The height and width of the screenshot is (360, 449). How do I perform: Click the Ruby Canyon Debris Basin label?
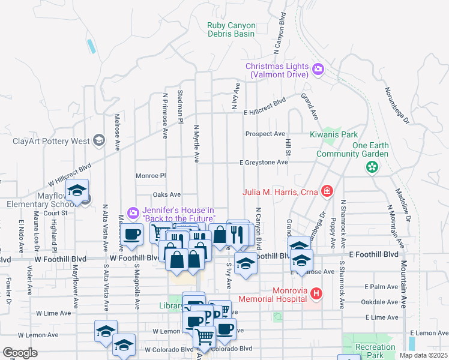pos(231,29)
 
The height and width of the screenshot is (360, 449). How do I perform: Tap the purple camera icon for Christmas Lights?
pos(318,70)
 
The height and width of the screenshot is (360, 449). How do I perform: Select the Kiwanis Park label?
pos(334,134)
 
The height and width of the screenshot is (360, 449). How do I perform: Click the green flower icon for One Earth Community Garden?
pos(372,167)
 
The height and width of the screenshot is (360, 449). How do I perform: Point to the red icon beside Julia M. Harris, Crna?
pos(327,192)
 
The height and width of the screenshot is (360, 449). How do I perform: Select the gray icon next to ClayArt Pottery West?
pos(98,142)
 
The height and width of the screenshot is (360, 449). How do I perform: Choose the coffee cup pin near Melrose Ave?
pos(131,235)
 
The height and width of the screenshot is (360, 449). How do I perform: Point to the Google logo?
pos(20,353)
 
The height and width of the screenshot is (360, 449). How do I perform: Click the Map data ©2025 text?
pos(424,355)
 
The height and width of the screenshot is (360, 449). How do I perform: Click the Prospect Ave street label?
pos(265,134)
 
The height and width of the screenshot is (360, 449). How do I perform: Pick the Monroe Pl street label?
pos(150,176)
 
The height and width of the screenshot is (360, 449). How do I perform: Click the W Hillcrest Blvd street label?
pos(70,173)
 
